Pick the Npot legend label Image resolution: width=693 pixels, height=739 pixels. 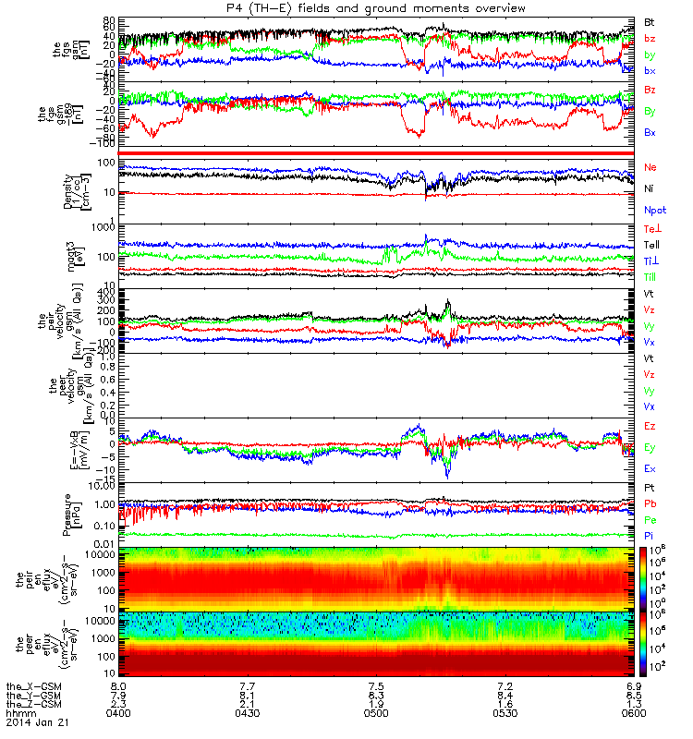[653, 210]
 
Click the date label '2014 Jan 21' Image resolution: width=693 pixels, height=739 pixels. [32, 721]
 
